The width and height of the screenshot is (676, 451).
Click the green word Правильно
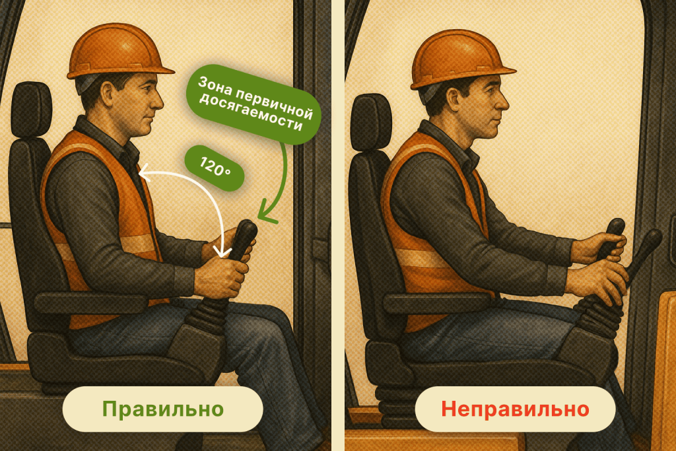pyautogui.click(x=163, y=409)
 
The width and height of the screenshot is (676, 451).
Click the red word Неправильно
pyautogui.click(x=515, y=409)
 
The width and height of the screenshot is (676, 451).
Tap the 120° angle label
pyautogui.click(x=215, y=168)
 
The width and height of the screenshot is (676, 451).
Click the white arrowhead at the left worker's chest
pyautogui.click(x=145, y=173)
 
